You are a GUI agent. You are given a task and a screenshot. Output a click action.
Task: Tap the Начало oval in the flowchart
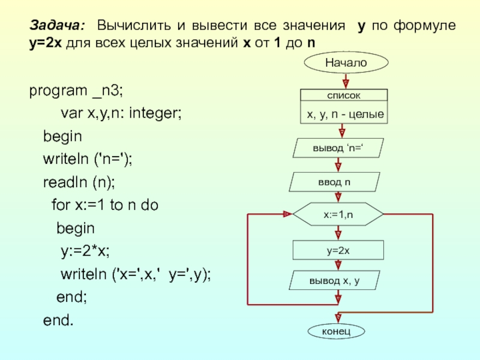tap(346, 62)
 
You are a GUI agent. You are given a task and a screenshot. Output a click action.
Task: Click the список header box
tap(343, 95)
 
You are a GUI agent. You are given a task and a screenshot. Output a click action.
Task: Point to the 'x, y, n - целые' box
tap(344, 113)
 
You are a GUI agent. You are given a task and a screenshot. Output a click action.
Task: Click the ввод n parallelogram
tap(335, 182)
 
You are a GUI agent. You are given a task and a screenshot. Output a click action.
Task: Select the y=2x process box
tap(338, 250)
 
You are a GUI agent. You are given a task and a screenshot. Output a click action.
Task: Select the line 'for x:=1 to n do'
tap(104, 205)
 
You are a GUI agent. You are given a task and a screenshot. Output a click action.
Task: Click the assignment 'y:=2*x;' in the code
tap(89, 250)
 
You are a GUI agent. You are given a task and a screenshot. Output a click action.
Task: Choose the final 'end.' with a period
tap(58, 320)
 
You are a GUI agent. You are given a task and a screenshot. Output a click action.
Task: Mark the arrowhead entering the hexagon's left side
tap(286, 214)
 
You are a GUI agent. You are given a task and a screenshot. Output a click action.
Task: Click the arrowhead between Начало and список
tap(345, 83)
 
